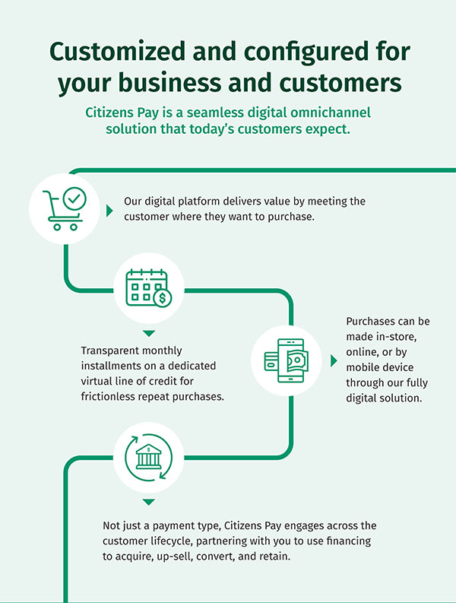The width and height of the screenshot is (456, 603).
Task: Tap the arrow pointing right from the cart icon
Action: coord(109,208)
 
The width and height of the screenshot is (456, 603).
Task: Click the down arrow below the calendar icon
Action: coord(148,333)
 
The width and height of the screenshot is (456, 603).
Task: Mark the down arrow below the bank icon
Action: coord(148,503)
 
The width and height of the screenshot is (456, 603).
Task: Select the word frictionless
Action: coord(114,396)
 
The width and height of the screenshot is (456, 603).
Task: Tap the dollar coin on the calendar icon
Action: coord(162,298)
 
